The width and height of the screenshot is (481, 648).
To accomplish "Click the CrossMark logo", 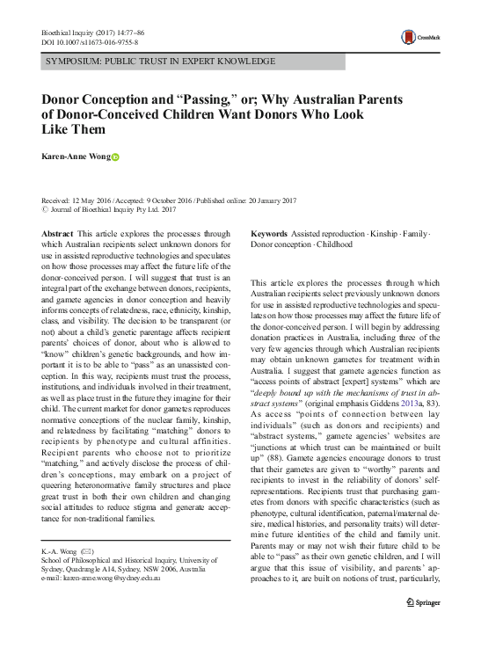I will tap(421, 36).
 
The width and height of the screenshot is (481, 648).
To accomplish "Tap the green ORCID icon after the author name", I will tap(114, 158).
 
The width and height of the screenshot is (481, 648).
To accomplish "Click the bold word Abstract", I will tap(58, 233).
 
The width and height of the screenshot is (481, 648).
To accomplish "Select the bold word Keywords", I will tap(269, 233).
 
